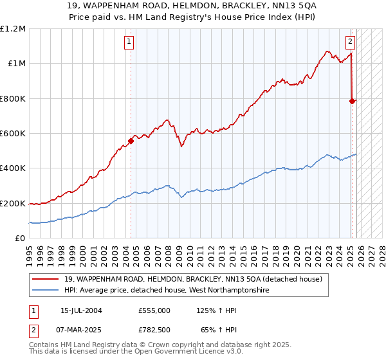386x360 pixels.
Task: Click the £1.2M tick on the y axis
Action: pyautogui.click(x=14, y=29)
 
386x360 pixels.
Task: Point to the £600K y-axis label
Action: pyautogui.click(x=14, y=134)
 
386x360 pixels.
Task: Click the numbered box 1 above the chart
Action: pyautogui.click(x=129, y=42)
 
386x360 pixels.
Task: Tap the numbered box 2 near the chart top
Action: pyautogui.click(x=350, y=42)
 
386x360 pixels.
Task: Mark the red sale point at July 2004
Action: pyautogui.click(x=131, y=141)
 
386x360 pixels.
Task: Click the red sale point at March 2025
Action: pyautogui.click(x=352, y=101)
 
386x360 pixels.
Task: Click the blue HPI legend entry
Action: pyautogui.click(x=168, y=291)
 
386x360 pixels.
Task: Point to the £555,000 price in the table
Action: pyautogui.click(x=154, y=310)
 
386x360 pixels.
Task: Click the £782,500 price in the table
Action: pyautogui.click(x=154, y=330)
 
